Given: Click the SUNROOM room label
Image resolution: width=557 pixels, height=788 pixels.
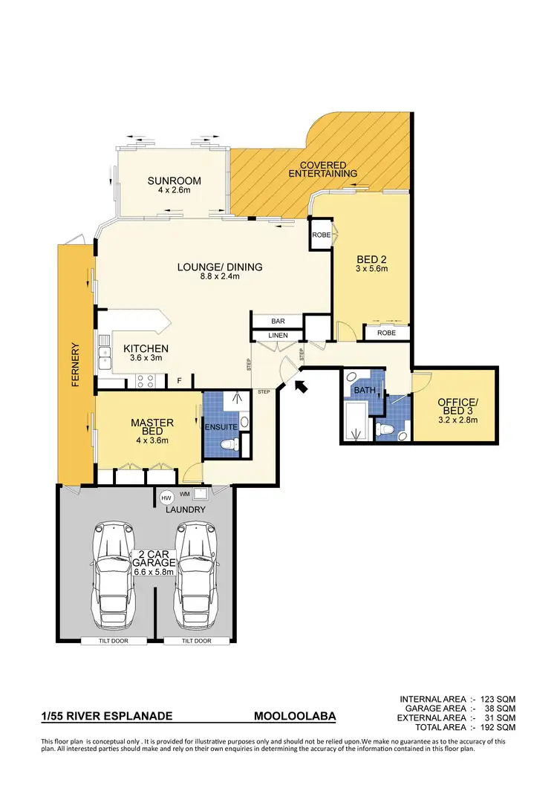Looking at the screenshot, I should (x=174, y=180).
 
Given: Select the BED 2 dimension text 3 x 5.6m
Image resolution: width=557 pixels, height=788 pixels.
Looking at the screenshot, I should (x=372, y=268).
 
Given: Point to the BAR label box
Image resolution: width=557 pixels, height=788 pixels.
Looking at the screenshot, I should (x=278, y=322).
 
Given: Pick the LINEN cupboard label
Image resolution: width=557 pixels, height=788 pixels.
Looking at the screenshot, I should (x=278, y=336).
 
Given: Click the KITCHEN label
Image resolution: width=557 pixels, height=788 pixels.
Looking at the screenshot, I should (x=146, y=348).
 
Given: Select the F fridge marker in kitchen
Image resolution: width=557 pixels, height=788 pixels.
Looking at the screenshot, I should (x=178, y=382).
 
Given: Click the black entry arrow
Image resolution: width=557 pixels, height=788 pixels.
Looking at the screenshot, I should (x=301, y=386).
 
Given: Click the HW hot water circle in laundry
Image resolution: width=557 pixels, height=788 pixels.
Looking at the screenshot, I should (x=166, y=496).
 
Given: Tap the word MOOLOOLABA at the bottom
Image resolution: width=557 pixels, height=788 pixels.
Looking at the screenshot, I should (x=295, y=717).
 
